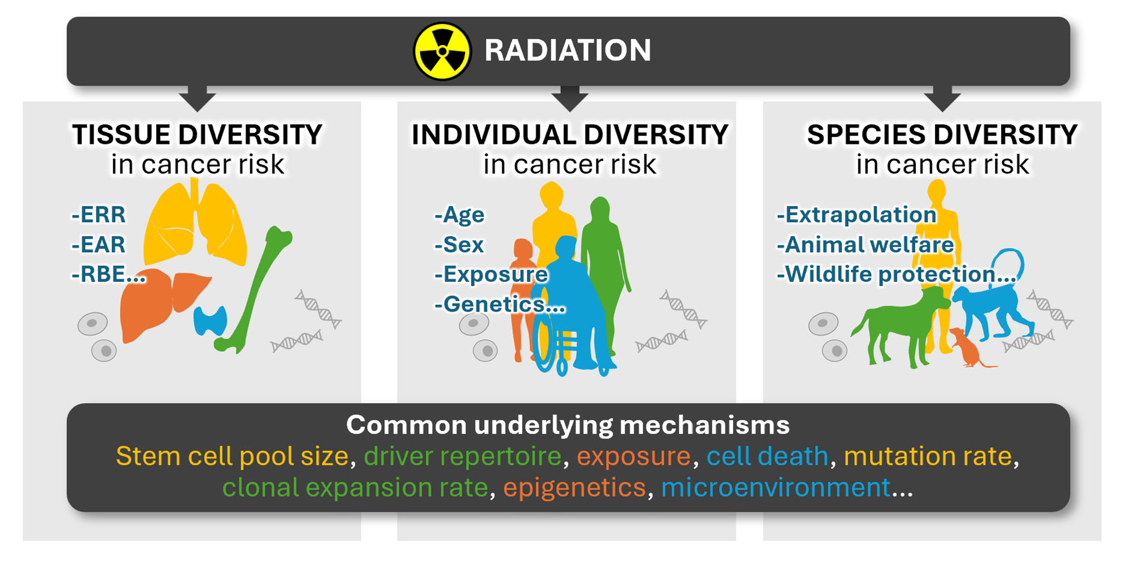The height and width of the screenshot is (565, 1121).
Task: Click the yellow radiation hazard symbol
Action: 442,51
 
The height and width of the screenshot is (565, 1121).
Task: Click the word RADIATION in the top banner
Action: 567,50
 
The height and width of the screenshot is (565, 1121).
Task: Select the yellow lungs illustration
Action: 195,222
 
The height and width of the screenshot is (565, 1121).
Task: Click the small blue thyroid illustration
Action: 210,320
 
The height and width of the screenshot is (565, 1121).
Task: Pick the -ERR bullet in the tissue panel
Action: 98,215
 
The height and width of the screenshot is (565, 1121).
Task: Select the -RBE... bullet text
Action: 108,274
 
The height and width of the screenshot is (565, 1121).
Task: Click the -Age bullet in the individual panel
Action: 459,215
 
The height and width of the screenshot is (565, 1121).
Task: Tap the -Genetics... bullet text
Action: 499,304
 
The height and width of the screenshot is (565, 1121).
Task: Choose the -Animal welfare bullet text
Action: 865,244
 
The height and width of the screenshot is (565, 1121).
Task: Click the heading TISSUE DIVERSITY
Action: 197,135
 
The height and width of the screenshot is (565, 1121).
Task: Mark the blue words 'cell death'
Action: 767,456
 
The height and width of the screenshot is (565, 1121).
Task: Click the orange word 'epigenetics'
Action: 574,488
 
